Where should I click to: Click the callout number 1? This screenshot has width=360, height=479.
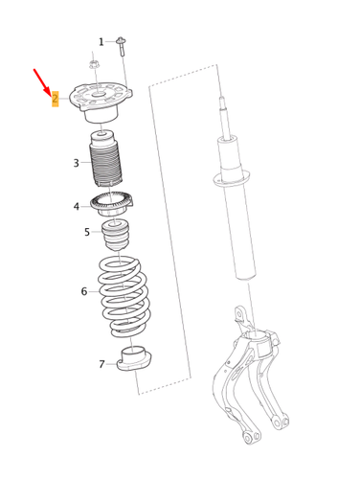click(101, 42)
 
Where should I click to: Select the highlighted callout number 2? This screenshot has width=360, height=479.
click(56, 98)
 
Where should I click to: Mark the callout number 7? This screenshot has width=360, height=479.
click(102, 364)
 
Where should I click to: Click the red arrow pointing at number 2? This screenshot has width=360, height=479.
click(42, 80)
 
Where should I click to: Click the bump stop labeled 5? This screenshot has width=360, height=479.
click(119, 235)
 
